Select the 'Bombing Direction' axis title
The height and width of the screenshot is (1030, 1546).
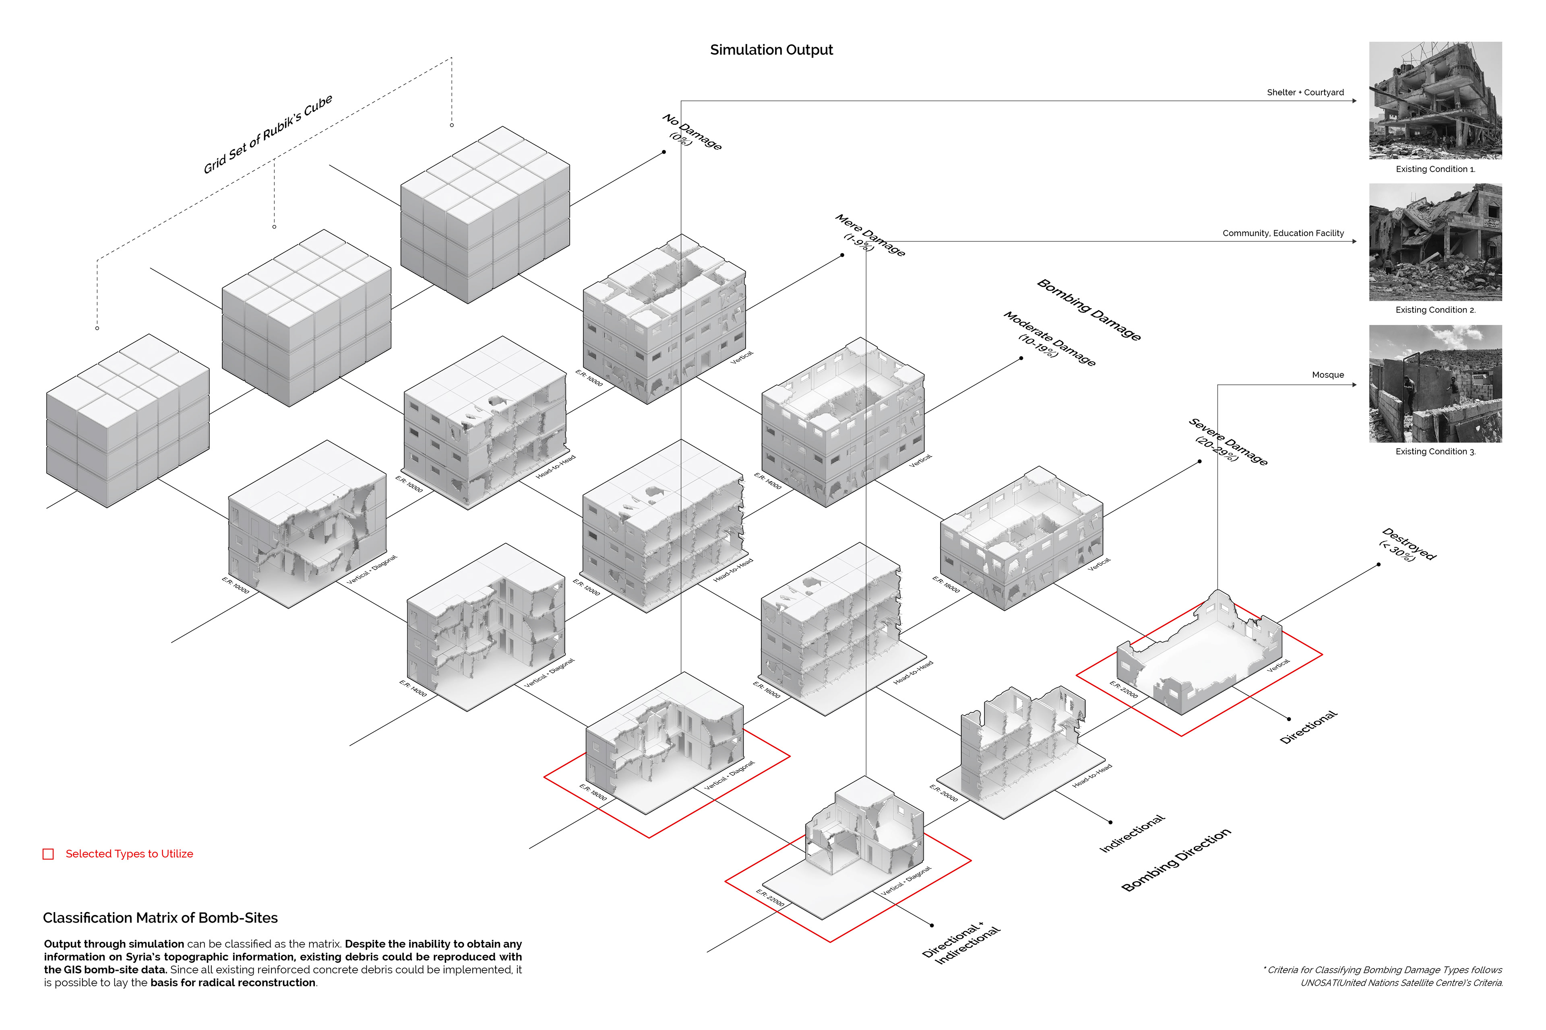click(1176, 860)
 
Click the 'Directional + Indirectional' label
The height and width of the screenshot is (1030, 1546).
click(960, 943)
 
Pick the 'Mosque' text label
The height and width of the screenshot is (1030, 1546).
click(1328, 375)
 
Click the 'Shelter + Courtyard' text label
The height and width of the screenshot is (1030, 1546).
click(1305, 93)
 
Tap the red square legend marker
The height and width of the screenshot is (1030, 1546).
click(48, 854)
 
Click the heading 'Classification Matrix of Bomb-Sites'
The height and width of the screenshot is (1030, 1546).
click(160, 918)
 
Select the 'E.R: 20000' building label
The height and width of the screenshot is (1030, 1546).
click(943, 793)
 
